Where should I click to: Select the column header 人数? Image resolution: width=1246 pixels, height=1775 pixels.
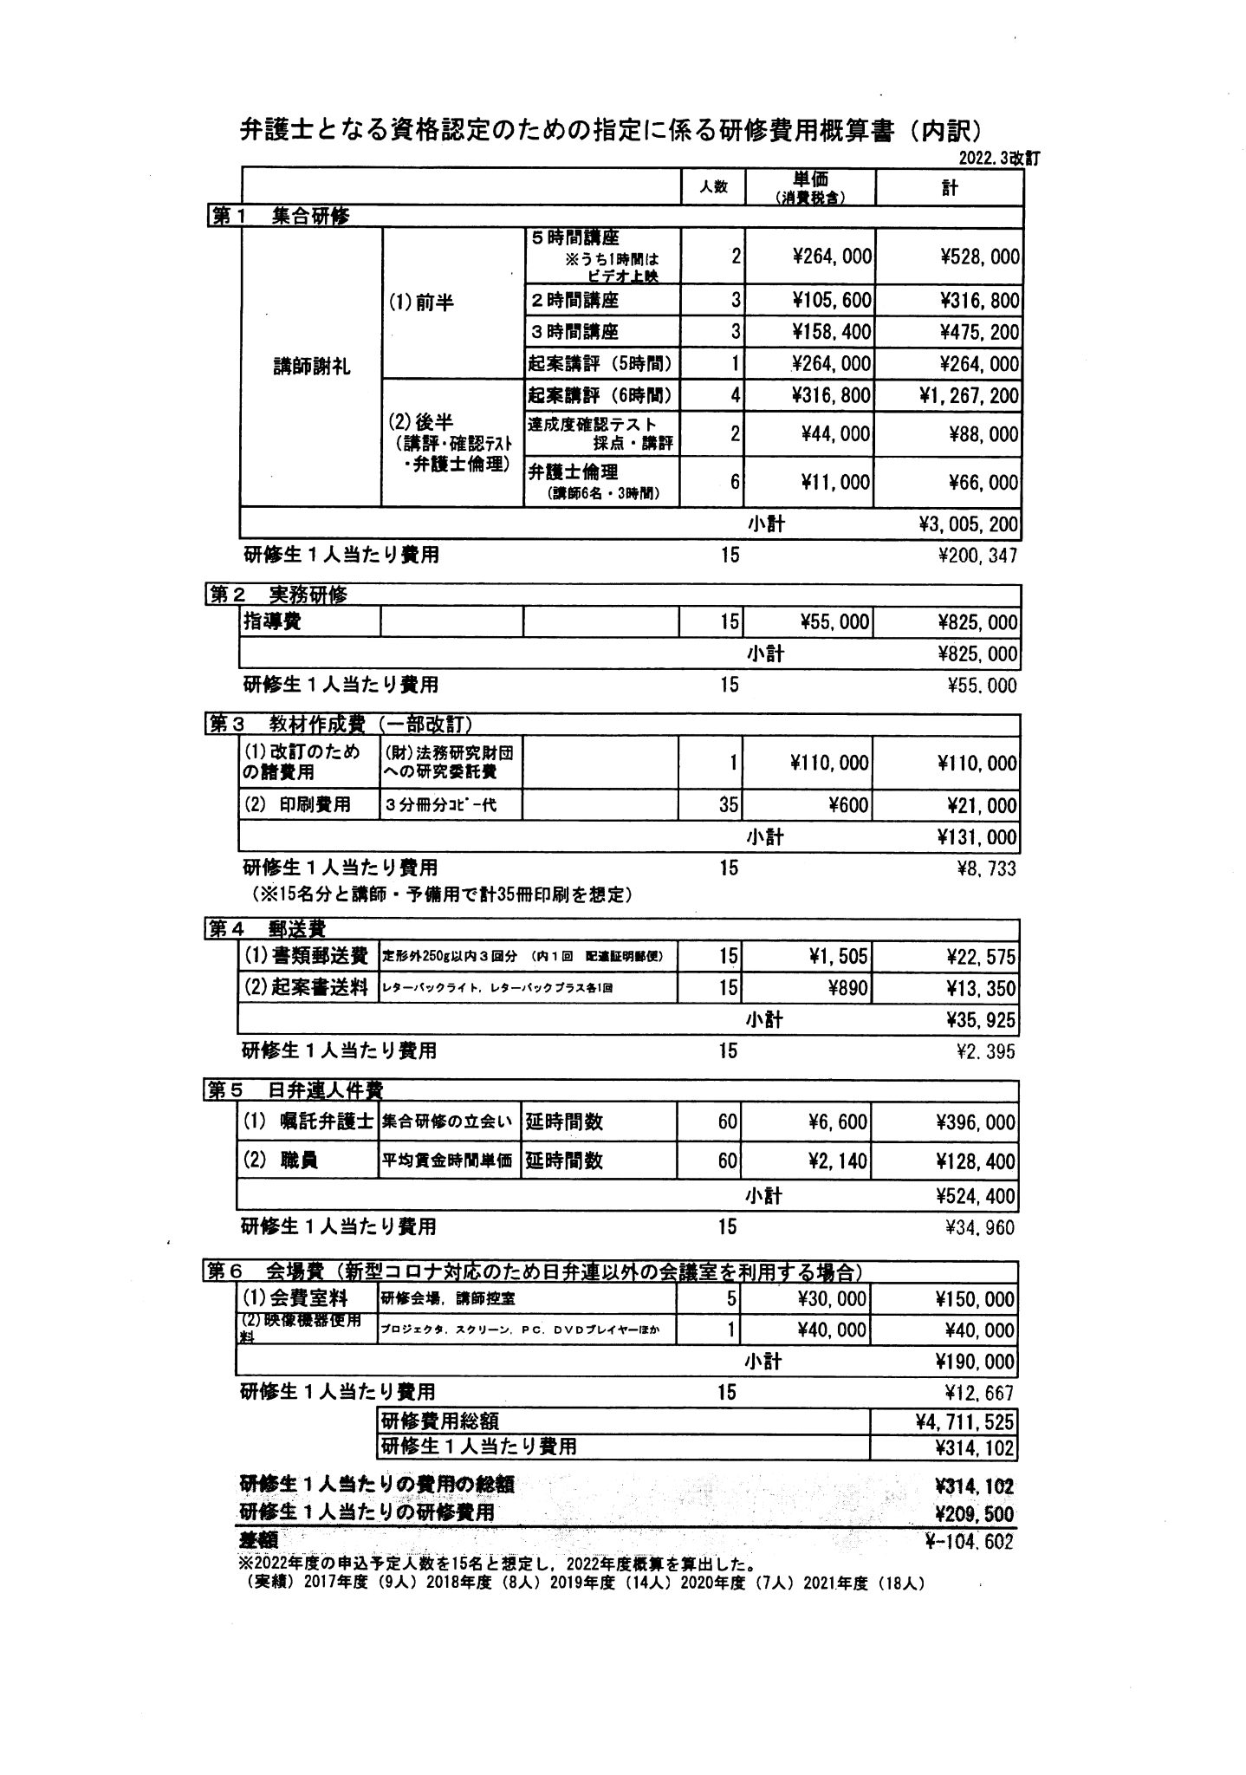pyautogui.click(x=713, y=187)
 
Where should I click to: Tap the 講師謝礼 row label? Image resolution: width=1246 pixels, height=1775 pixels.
pyautogui.click(x=311, y=367)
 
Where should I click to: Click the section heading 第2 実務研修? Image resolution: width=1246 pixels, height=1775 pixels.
pyautogui.click(x=277, y=595)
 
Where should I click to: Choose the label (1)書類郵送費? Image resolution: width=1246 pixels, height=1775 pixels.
pyautogui.click(x=307, y=956)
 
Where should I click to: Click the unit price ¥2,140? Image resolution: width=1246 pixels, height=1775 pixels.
pyautogui.click(x=837, y=1161)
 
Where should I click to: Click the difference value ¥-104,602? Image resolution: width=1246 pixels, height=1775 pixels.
pyautogui.click(x=969, y=1542)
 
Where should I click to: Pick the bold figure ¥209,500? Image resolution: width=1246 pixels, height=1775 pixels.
pyautogui.click(x=975, y=1513)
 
